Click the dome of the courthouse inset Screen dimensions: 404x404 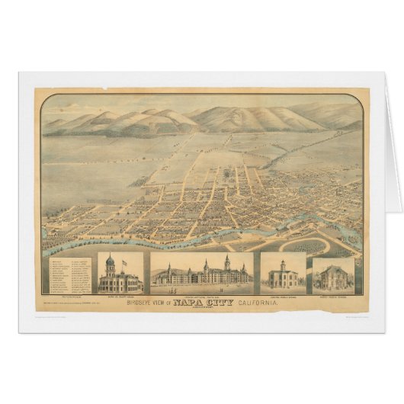pyautogui.click(x=111, y=261)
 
